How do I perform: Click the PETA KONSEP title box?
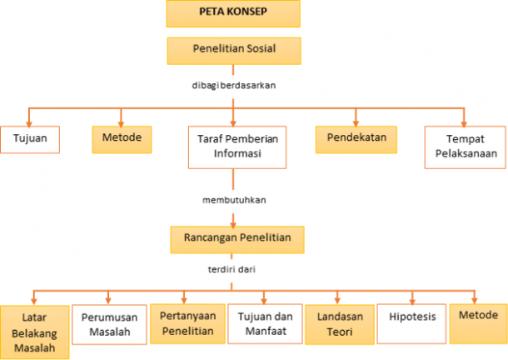[x=233, y=14]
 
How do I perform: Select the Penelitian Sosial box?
[x=233, y=49]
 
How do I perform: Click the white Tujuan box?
[x=30, y=138]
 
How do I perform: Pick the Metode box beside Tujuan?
[x=122, y=138]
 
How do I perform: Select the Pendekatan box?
[x=356, y=138]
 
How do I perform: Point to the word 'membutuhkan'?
[x=233, y=200]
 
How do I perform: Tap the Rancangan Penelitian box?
[x=237, y=238]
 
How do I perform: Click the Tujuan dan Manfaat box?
[x=264, y=324]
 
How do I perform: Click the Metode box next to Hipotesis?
[x=478, y=317]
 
